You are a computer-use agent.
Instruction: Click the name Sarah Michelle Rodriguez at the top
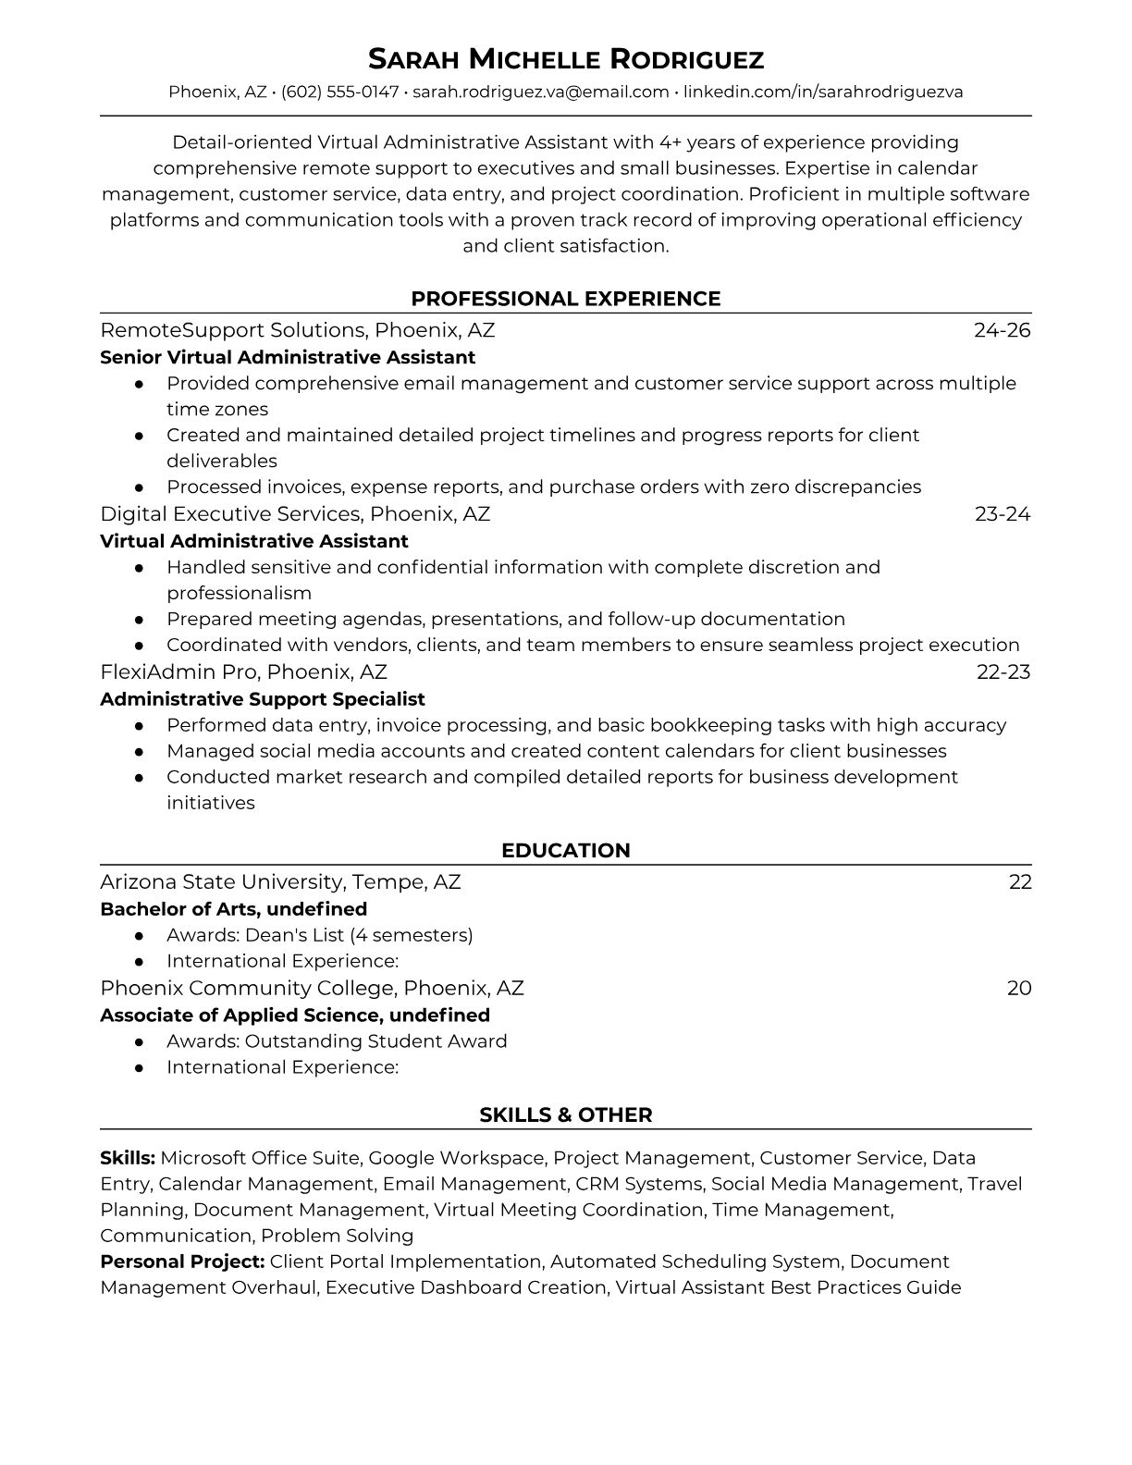click(x=565, y=60)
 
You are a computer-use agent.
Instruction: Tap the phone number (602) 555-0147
click(x=339, y=92)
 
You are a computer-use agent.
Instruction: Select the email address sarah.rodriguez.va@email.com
click(x=540, y=92)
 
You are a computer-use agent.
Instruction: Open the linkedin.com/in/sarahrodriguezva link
click(x=823, y=92)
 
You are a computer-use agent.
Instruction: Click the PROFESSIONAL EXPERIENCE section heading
click(x=565, y=299)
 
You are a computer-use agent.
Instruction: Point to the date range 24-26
click(x=1002, y=330)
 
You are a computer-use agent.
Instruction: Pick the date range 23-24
click(x=1002, y=514)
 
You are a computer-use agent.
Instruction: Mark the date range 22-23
click(x=1003, y=672)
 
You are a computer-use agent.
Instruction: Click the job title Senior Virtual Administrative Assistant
click(x=288, y=357)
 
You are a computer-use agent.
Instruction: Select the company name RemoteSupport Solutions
click(x=232, y=330)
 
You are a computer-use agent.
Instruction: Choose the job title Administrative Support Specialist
click(x=263, y=699)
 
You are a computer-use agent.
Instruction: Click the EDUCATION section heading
click(x=565, y=851)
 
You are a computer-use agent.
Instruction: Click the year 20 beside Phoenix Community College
click(x=1018, y=989)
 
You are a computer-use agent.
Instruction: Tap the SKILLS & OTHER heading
click(x=565, y=1115)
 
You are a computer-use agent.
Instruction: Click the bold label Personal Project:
click(x=182, y=1262)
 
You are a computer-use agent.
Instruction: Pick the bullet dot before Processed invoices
click(x=139, y=487)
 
